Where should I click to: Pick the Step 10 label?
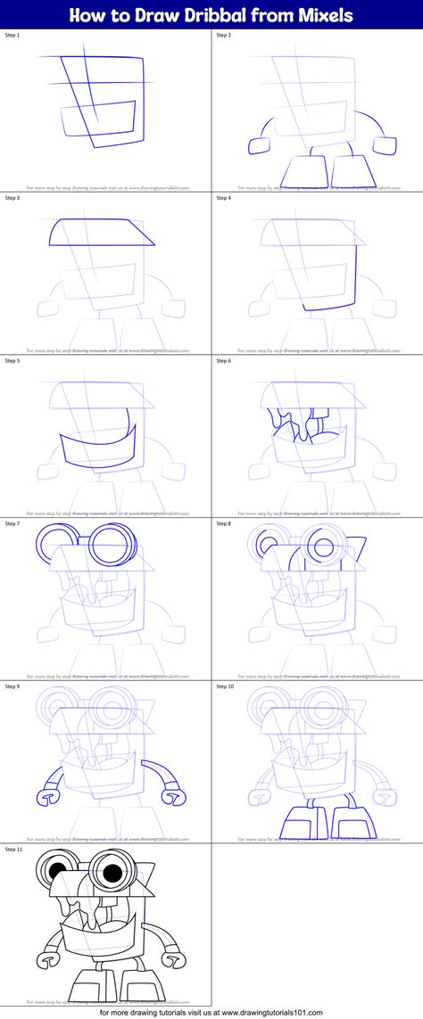[x=228, y=687]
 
